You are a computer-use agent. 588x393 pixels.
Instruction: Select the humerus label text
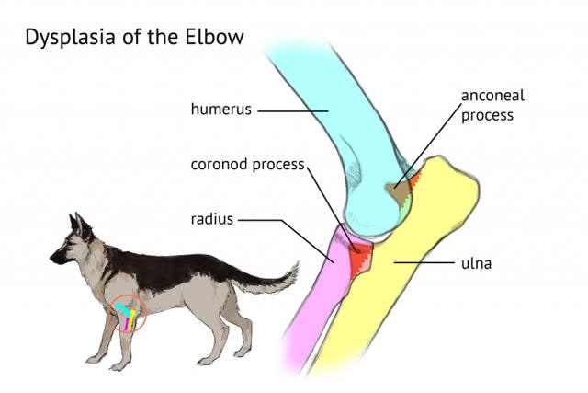click(220, 110)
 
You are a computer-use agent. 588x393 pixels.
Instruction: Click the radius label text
click(213, 220)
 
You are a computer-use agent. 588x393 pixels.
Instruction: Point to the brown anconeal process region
click(398, 192)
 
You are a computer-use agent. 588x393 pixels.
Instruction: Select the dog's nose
click(52, 260)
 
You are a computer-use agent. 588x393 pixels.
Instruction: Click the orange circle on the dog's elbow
click(128, 314)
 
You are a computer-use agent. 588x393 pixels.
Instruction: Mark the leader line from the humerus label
click(292, 110)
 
